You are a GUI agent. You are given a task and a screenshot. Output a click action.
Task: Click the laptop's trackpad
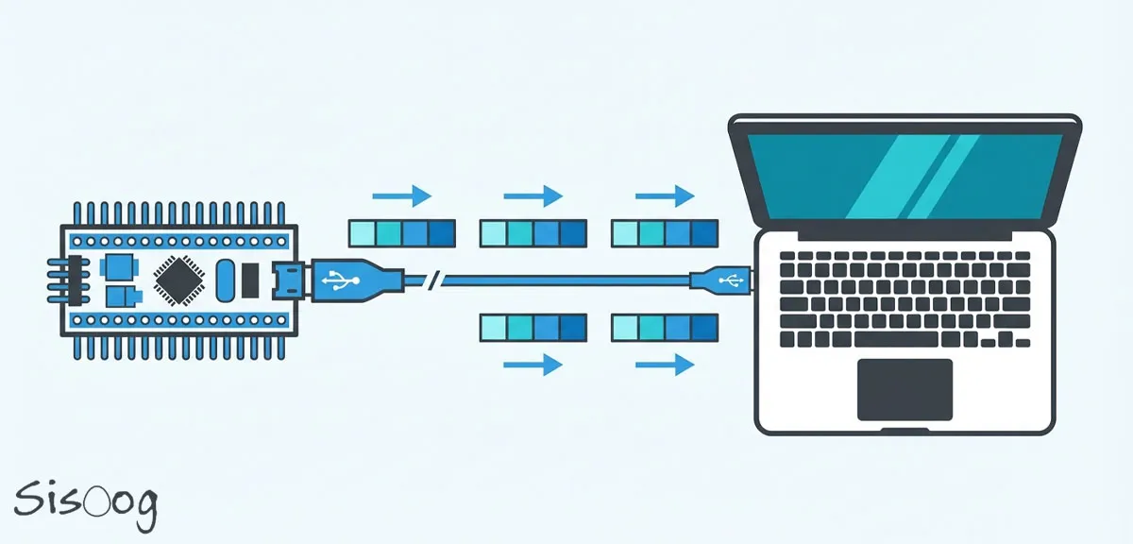[905, 389]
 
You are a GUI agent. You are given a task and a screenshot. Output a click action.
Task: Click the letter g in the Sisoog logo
[142, 510]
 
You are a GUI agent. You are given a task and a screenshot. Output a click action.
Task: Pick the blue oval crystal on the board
[225, 280]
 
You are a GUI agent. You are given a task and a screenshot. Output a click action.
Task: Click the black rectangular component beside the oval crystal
[250, 280]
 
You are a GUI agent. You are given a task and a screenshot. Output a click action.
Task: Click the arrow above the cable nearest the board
[401, 196]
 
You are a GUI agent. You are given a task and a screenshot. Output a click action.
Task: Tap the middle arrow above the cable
[533, 196]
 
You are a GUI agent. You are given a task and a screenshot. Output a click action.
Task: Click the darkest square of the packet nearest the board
[442, 232]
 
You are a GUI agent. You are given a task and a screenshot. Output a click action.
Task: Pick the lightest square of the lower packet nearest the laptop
[625, 328]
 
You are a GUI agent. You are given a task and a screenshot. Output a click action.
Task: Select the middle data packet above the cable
[533, 232]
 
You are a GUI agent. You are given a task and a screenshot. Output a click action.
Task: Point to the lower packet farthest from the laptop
[533, 328]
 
